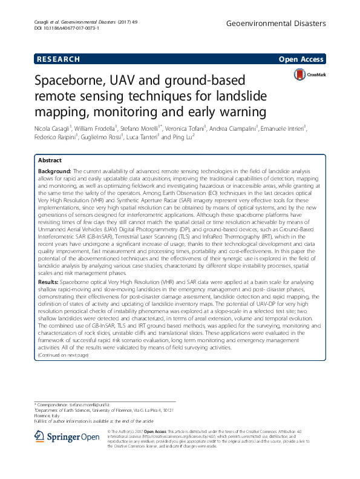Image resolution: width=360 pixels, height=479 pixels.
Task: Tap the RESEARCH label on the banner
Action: pos(58,59)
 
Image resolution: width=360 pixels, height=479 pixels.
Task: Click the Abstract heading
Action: pos(50,160)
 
